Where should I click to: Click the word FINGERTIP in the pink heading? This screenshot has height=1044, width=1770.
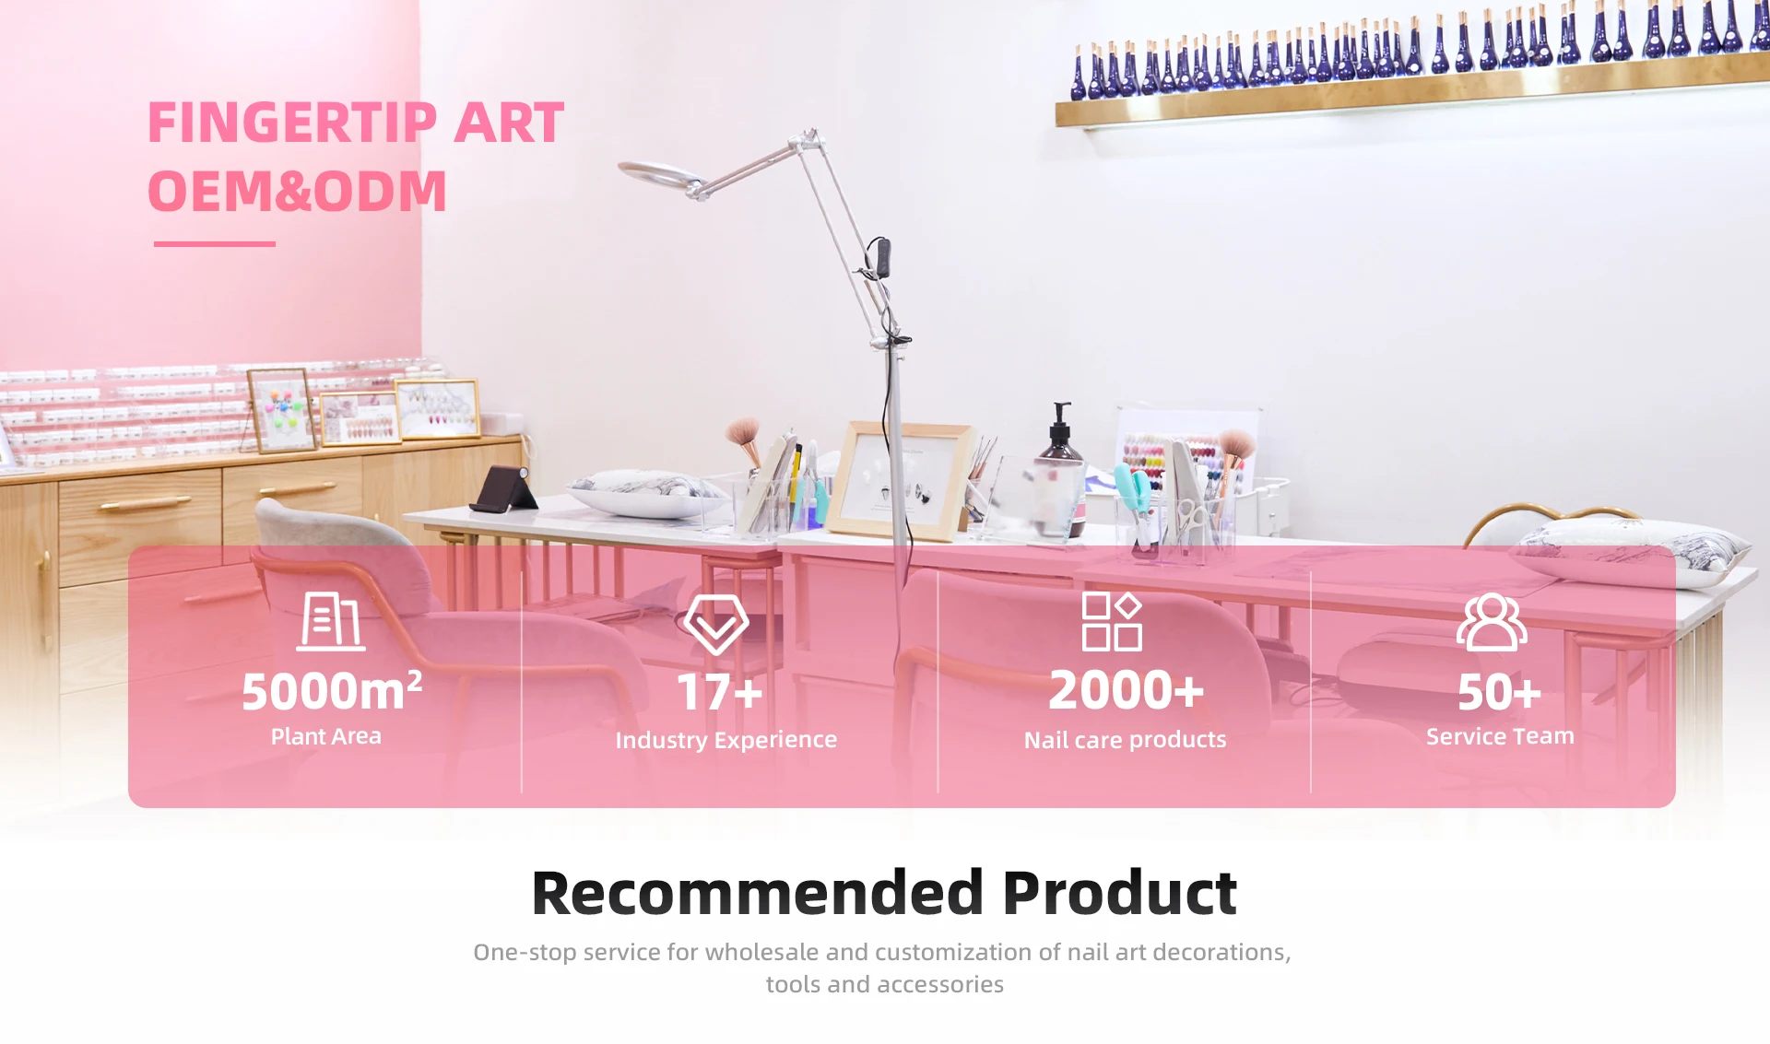pos(292,123)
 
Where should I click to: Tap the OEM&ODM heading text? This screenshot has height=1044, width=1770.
pos(297,192)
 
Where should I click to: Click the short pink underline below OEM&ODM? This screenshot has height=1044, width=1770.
pos(214,244)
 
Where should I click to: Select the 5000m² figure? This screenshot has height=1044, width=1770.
pos(332,691)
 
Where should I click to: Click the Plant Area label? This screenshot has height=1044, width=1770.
pos(325,736)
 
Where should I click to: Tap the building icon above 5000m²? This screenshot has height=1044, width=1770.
pos(331,622)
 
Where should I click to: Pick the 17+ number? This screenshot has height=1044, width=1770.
pos(720,693)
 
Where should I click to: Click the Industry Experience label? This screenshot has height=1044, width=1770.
pos(726,740)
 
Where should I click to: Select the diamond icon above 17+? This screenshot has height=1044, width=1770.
pos(716,624)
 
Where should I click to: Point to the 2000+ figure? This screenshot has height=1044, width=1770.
pos(1127,691)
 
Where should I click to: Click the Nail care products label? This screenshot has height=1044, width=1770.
pos(1125,740)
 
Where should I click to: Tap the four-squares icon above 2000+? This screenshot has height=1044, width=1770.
pos(1112,622)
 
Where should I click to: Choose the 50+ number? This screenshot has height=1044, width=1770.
pos(1499,693)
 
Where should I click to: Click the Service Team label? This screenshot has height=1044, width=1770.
pos(1500,736)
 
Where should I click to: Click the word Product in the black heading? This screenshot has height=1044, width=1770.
pos(1119,894)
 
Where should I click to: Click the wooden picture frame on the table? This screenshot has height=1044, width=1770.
pos(902,480)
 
